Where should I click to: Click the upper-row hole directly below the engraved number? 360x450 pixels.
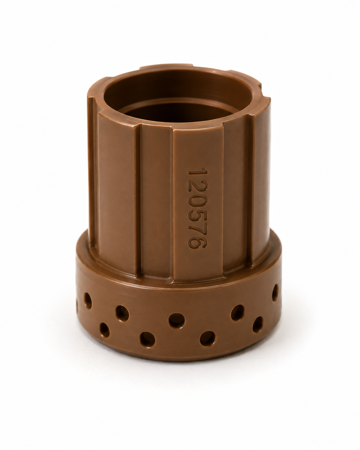click(x=176, y=320)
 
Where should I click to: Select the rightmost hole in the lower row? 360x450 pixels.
click(x=258, y=325)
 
